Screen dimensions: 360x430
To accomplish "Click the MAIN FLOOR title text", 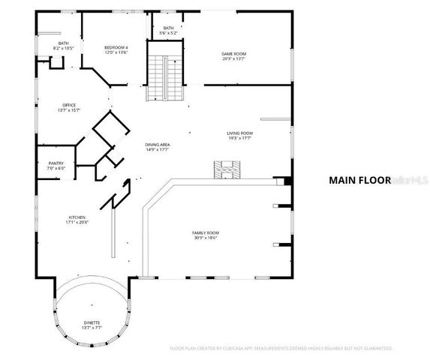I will click(359, 180).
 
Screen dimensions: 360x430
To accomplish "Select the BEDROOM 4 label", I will click(116, 47).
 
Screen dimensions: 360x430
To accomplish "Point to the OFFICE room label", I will click(68, 105).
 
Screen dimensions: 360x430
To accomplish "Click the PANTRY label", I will click(56, 163).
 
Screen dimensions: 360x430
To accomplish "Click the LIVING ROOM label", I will click(239, 133).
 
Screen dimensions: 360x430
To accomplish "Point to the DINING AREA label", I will click(158, 145).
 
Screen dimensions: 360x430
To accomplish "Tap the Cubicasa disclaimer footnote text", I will click(281, 349).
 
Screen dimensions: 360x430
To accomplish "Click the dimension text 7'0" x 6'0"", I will click(56, 168).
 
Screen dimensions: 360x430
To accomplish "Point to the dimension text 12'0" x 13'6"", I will click(116, 52).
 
